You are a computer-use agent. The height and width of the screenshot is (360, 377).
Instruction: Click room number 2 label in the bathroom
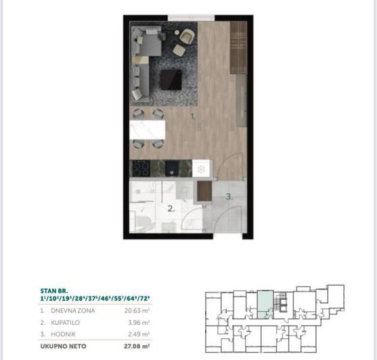[172, 208]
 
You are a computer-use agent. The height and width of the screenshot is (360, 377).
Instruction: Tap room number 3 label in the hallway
[229, 198]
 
